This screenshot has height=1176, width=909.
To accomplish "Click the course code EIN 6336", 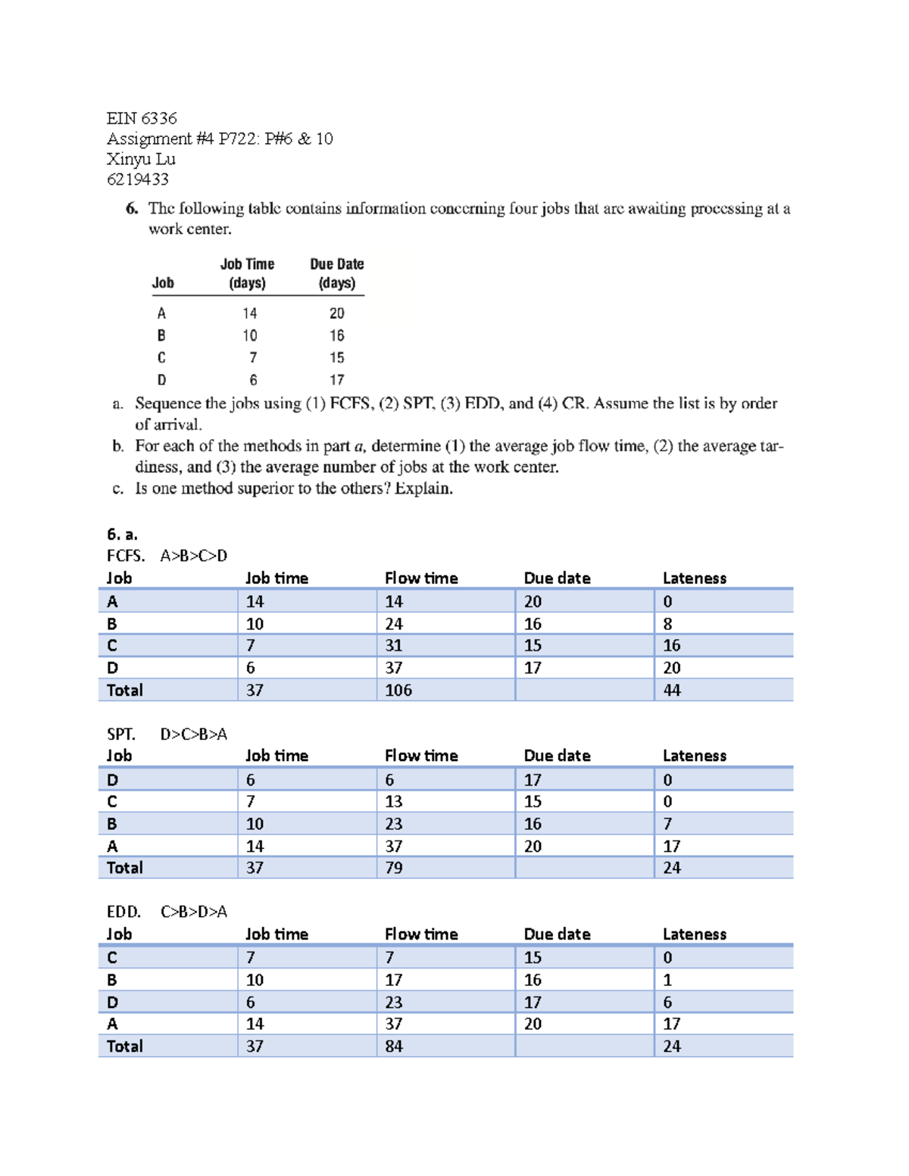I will [x=142, y=118].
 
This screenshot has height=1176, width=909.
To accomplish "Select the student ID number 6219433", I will [x=137, y=179].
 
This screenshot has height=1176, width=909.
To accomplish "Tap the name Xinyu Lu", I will [x=141, y=159].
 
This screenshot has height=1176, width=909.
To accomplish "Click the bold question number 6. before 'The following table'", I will [x=132, y=208].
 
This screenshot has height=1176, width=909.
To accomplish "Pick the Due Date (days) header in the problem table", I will [x=336, y=273].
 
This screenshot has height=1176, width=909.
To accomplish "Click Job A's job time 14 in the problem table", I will [x=250, y=313].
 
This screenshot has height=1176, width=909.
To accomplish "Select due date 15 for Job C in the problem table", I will [x=336, y=357].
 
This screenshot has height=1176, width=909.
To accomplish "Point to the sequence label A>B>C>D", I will [x=193, y=556].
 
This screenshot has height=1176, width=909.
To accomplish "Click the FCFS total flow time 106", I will [x=398, y=690].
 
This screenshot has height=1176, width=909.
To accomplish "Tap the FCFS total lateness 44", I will [x=671, y=690].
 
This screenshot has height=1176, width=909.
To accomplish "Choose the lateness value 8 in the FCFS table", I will [x=667, y=624].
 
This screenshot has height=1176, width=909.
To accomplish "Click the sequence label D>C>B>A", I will [x=193, y=734].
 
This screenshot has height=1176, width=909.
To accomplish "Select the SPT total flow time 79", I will [x=394, y=868].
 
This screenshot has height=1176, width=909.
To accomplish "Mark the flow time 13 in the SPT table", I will [x=394, y=801].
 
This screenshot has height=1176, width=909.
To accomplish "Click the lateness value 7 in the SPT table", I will [x=667, y=824].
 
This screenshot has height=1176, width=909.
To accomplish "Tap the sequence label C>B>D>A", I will [x=193, y=912].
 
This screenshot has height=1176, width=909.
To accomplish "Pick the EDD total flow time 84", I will [x=394, y=1046].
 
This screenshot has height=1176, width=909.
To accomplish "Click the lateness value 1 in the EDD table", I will [x=667, y=980].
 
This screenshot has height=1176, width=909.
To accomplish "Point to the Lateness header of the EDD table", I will [x=694, y=934].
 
